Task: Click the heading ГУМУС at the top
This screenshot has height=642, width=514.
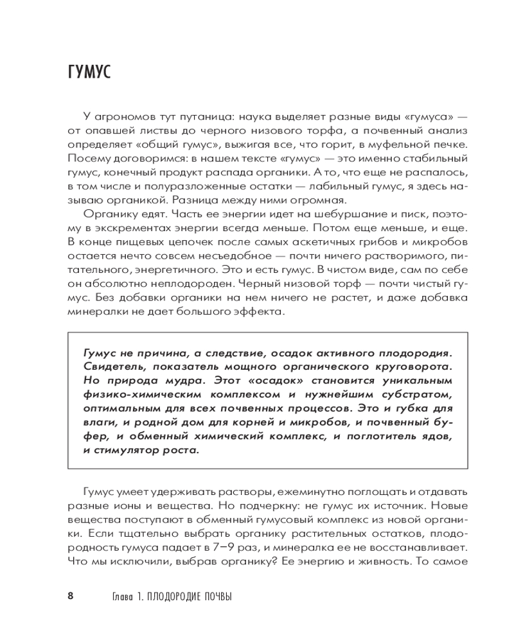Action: coord(89,71)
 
